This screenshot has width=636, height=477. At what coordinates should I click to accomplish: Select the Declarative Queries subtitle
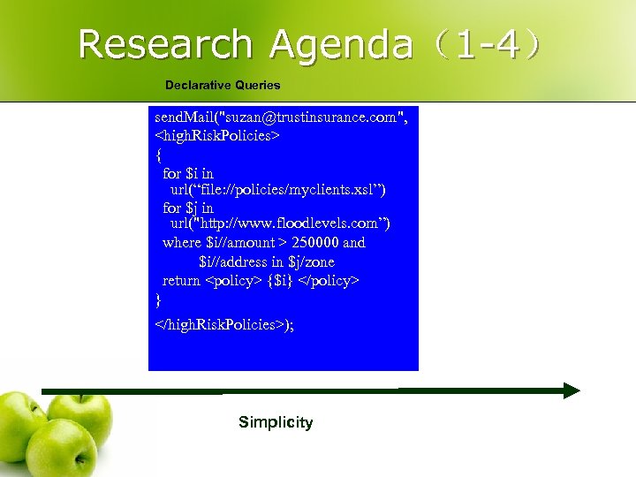click(223, 86)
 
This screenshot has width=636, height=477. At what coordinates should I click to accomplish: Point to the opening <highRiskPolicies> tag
click(217, 136)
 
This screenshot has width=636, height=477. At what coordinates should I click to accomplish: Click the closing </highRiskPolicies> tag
click(221, 324)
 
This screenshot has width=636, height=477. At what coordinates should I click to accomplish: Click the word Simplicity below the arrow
click(276, 422)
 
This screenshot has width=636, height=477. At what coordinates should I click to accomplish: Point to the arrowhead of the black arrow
click(571, 390)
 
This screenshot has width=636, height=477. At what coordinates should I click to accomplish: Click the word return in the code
click(181, 281)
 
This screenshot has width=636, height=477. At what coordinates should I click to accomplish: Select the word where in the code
click(182, 243)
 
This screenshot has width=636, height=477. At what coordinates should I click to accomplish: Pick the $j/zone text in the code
click(311, 262)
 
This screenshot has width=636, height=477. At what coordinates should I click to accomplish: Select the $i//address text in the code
click(231, 262)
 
